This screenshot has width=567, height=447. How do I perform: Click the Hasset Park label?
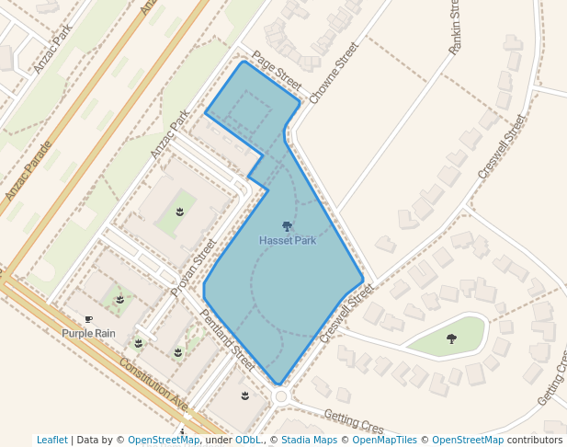(x=287, y=241)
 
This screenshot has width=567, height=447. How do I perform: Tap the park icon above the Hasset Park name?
(x=287, y=226)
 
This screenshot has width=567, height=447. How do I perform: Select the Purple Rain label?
(x=89, y=333)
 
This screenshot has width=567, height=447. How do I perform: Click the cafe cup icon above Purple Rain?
(x=89, y=320)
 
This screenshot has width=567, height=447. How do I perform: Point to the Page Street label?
(x=277, y=70)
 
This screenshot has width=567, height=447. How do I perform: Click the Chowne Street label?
(x=333, y=73)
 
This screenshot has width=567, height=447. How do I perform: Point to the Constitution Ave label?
(x=153, y=387)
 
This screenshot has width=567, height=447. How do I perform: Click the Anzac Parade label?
(x=28, y=171)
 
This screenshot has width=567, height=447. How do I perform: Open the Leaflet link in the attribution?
(x=51, y=441)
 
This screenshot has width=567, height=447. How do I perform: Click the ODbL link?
(x=248, y=441)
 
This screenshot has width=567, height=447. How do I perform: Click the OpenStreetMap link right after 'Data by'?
(x=164, y=441)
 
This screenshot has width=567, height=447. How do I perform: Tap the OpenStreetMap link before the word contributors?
(x=468, y=441)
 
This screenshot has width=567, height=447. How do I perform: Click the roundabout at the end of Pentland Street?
(x=282, y=395)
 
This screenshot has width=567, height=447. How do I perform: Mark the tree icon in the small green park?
(x=451, y=339)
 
